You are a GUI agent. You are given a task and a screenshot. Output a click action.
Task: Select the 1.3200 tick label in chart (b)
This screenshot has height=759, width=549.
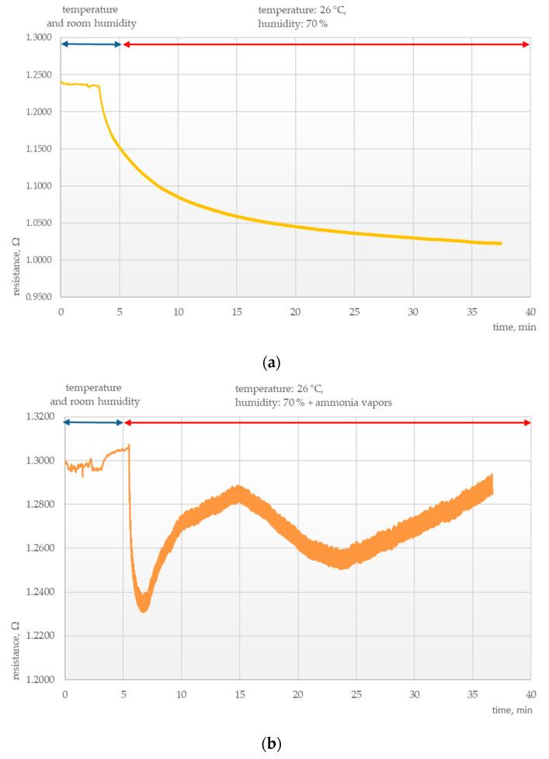(39, 417)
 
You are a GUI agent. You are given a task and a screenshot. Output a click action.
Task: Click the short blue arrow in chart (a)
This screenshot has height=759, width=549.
(90, 44)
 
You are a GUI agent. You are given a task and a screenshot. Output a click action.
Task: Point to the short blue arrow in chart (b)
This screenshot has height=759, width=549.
(92, 423)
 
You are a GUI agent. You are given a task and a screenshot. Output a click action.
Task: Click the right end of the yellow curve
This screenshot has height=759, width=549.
(501, 244)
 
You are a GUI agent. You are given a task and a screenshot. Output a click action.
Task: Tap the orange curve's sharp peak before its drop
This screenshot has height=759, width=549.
(129, 445)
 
